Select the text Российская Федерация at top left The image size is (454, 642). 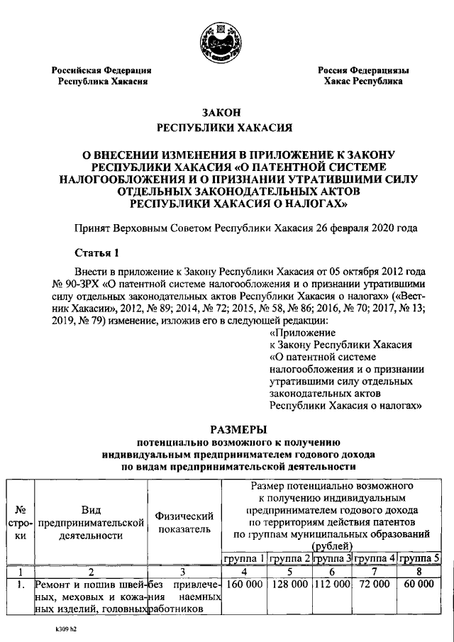[x=101, y=70]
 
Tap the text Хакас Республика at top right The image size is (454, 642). [x=362, y=82]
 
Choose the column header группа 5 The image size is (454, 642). [x=419, y=558]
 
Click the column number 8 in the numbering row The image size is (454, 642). [x=419, y=571]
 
